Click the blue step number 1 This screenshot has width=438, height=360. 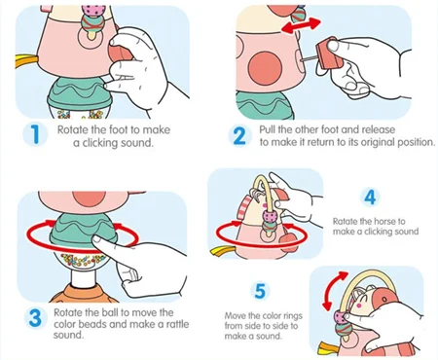click(35, 134)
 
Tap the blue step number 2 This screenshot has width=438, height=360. click(239, 135)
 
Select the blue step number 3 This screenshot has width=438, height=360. click(35, 318)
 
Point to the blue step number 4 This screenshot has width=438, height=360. click(371, 197)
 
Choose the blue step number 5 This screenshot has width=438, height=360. click(261, 291)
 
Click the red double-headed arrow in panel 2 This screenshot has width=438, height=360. click(301, 25)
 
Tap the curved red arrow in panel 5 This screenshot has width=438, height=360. click(334, 290)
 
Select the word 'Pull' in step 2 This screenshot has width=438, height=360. click(267, 129)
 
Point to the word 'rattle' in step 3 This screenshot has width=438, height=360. click(177, 324)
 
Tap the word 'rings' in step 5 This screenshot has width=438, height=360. click(293, 316)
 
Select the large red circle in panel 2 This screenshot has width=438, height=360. click(265, 68)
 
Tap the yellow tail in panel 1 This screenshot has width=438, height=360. click(26, 61)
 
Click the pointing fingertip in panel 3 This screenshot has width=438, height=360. click(96, 240)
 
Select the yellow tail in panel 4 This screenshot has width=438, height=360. click(222, 250)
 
